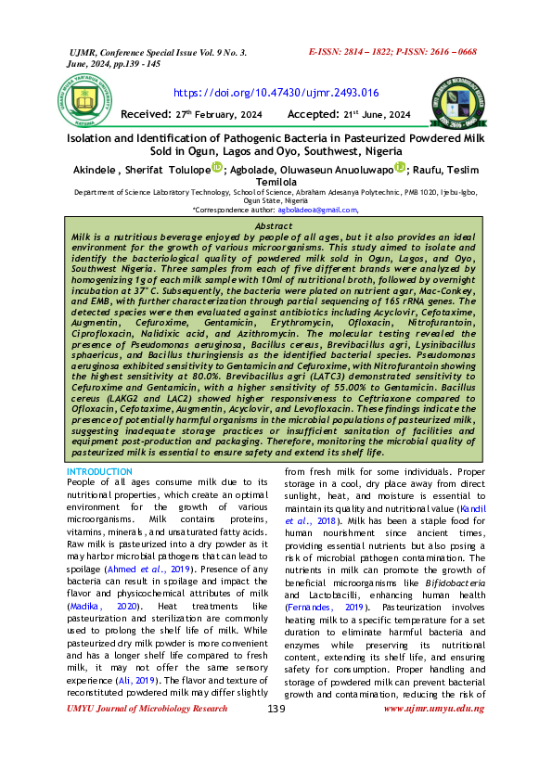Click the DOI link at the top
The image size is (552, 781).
(276, 93)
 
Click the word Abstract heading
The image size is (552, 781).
(274, 226)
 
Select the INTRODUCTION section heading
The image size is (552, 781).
(100, 472)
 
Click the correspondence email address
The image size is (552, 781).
(317, 211)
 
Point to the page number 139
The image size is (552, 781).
(276, 761)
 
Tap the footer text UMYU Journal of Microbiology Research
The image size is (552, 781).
(148, 761)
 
